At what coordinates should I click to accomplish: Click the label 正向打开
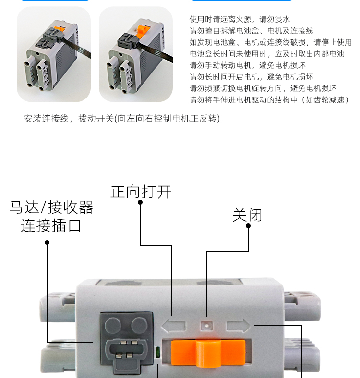[x=141, y=192]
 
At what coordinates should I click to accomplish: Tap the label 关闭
[x=247, y=215]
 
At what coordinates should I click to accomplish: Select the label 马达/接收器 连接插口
[x=51, y=216]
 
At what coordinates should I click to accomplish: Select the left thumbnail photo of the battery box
[x=54, y=54]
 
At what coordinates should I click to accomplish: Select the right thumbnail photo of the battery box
[x=135, y=54]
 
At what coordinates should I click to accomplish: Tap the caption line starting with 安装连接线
[x=121, y=118]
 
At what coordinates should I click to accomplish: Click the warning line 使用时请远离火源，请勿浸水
[x=240, y=19]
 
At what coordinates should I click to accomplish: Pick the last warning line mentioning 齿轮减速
[x=269, y=100]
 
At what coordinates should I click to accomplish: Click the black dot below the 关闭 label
[x=248, y=226]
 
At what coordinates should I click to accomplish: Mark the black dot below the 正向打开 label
[x=140, y=202]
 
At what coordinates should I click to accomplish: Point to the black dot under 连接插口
[x=47, y=243]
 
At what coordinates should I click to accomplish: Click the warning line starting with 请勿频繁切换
[x=263, y=88]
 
